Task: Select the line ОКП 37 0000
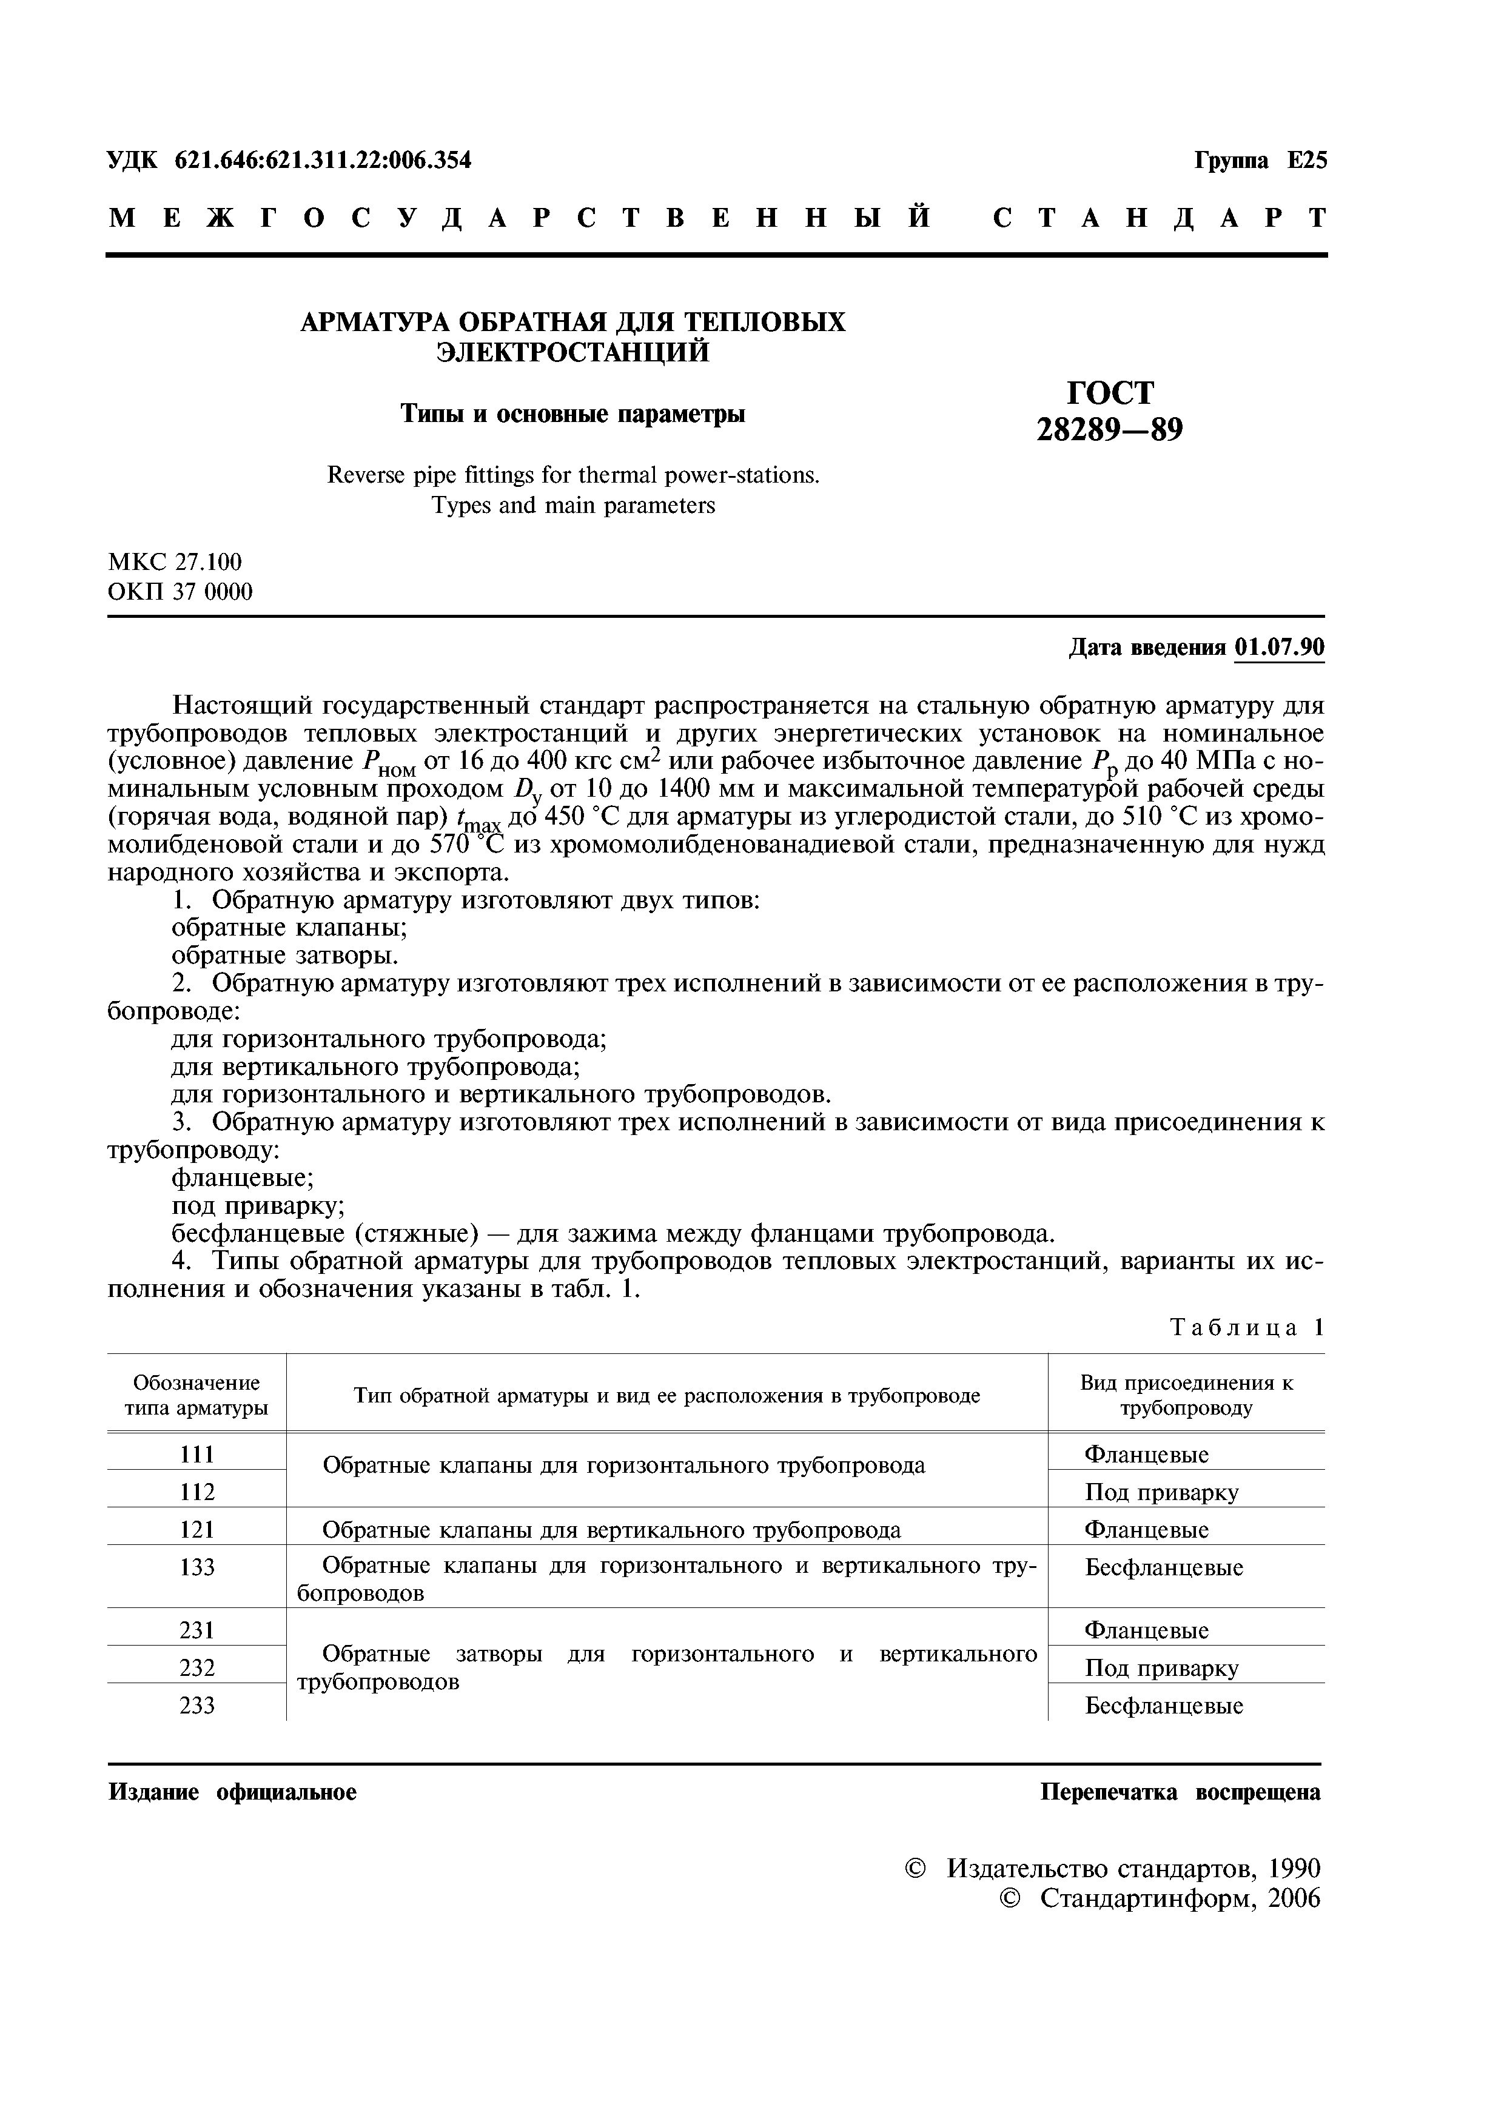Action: pos(180,591)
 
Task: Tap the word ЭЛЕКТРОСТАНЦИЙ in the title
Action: pos(572,352)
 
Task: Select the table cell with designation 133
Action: pos(196,1567)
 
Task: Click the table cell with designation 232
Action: pos(196,1667)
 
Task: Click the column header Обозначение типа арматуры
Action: pos(196,1395)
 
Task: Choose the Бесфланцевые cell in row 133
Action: pos(1163,1567)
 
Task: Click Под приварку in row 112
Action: pos(1160,1492)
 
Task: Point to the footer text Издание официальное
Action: pos(233,1792)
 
